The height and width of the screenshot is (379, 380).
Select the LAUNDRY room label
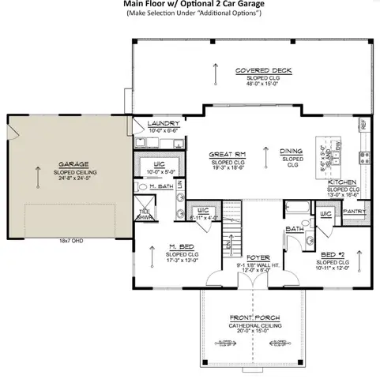pos(164,124)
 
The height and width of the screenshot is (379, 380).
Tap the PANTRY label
pos(354,212)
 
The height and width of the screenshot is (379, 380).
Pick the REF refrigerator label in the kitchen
pos(363,123)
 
